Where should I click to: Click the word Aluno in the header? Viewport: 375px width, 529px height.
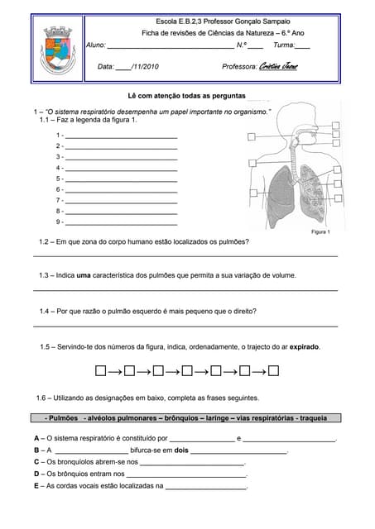coord(96,45)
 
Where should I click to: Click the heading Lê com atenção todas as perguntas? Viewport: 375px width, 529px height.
coord(186,96)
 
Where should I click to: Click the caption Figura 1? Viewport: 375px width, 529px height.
coord(320,232)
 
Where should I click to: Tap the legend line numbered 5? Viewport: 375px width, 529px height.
coord(120,179)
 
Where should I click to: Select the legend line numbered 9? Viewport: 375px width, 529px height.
coord(120,222)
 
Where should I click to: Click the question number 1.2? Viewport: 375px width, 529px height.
coord(46,242)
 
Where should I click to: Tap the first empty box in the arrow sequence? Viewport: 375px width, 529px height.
coord(101,370)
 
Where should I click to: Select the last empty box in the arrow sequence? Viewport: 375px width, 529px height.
coord(274,370)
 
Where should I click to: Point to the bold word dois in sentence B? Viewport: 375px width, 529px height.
coord(182,450)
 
